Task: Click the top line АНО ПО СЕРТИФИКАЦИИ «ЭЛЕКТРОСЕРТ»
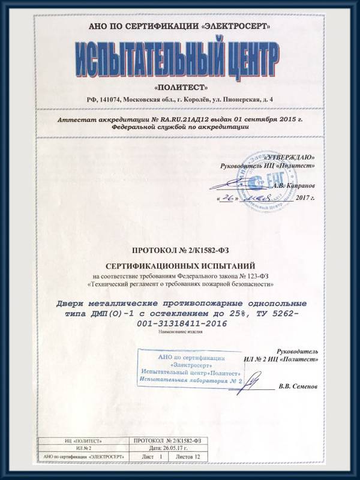pos(179,27)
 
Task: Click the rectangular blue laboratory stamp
pos(191,368)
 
